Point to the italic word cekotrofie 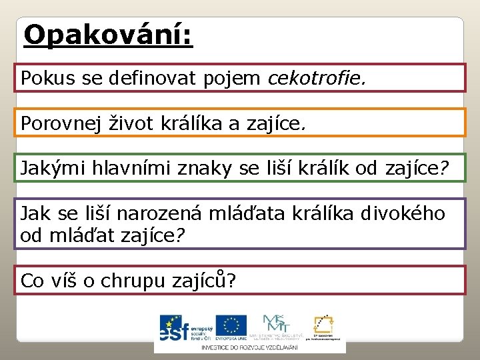[x=317, y=79]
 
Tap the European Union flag [x=231, y=326]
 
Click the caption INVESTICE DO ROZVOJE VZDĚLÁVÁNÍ [x=250, y=347]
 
